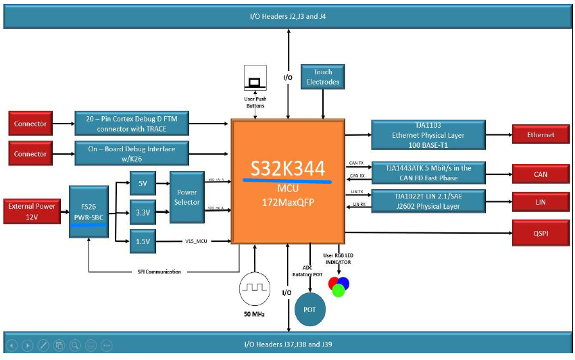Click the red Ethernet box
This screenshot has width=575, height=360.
click(x=541, y=135)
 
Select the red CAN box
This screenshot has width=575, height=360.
click(x=541, y=174)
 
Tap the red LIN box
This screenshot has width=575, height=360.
click(x=541, y=202)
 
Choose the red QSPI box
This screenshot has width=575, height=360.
click(x=541, y=233)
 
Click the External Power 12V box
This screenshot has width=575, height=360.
click(x=31, y=211)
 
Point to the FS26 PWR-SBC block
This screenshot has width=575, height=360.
click(x=88, y=211)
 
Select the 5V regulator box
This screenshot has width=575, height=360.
click(x=142, y=184)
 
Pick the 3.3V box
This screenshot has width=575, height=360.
click(x=142, y=211)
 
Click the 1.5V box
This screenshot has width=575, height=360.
click(x=142, y=240)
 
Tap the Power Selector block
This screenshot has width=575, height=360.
click(x=186, y=197)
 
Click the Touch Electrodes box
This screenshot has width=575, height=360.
click(x=323, y=77)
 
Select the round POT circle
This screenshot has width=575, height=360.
click(x=310, y=310)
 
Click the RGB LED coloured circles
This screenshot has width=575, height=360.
click(x=338, y=286)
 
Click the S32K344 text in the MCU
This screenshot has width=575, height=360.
click(x=287, y=170)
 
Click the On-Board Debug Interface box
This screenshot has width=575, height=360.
click(x=131, y=154)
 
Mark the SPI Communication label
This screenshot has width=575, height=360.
click(x=157, y=272)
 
